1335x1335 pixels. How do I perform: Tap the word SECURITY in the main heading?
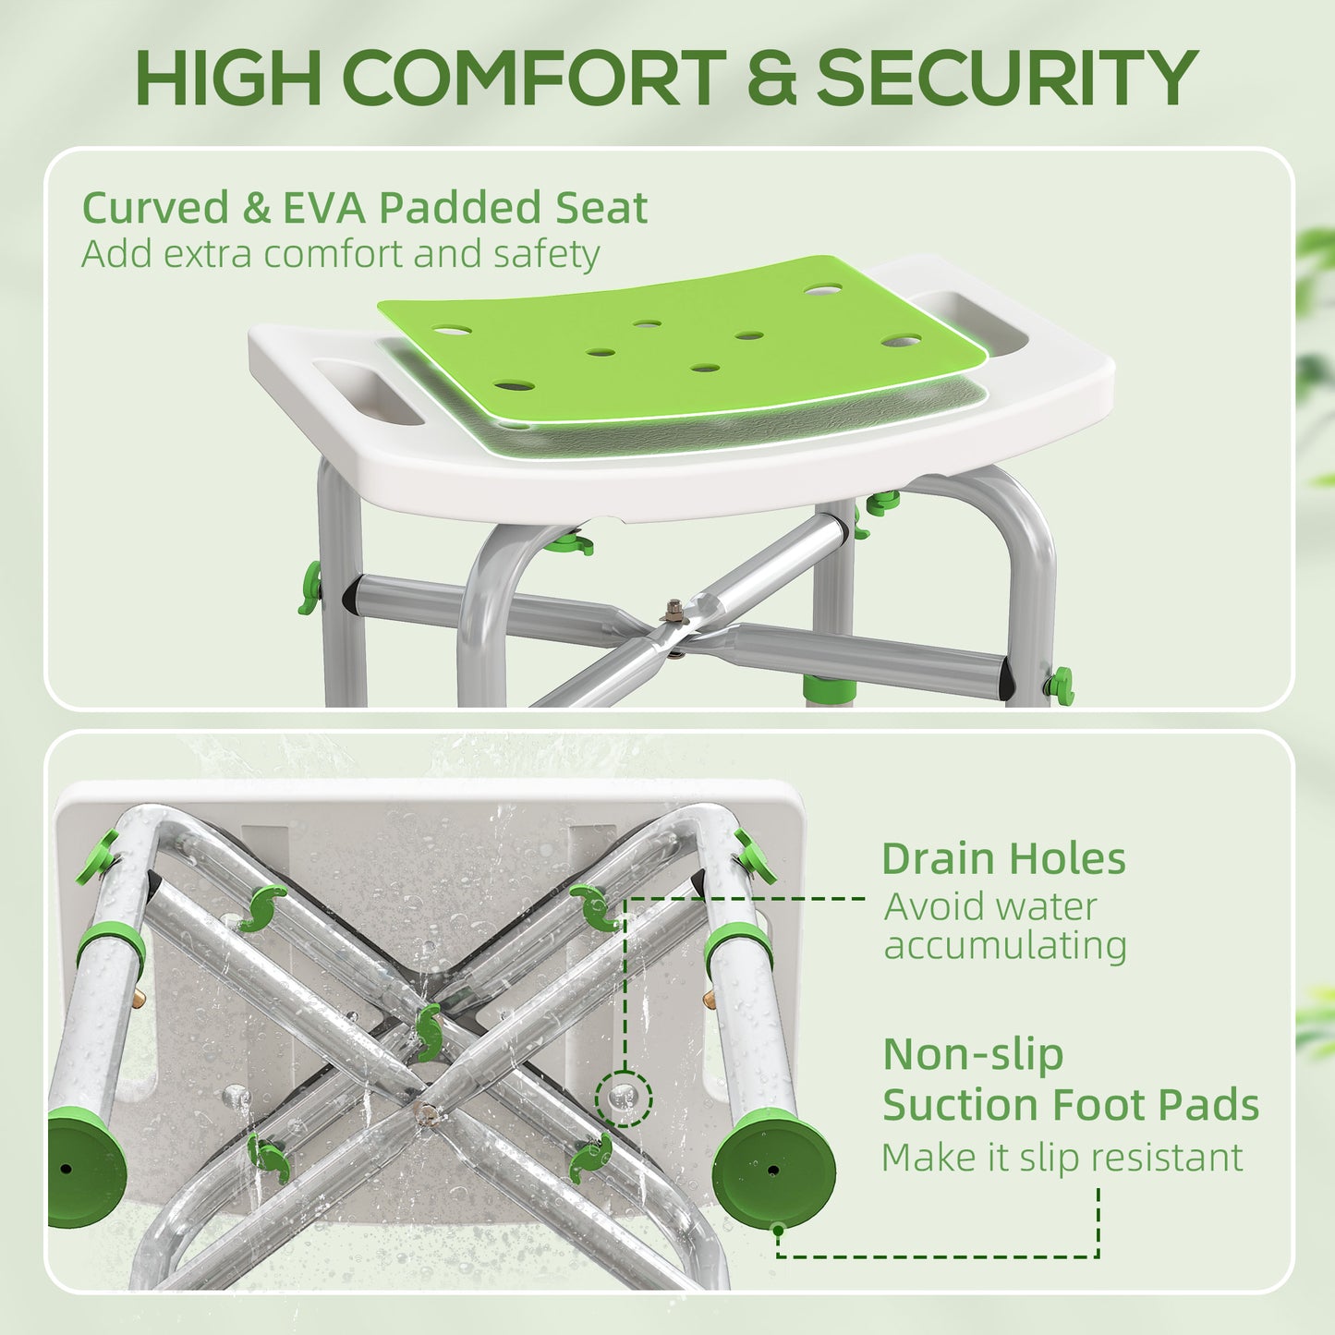[1006, 78]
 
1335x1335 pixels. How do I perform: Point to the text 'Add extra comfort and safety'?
[341, 254]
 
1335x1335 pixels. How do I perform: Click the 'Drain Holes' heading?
[1003, 859]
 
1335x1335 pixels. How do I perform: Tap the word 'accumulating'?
[1005, 946]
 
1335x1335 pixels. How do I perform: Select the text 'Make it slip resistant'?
[1062, 1158]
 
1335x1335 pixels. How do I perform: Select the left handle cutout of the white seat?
[368, 392]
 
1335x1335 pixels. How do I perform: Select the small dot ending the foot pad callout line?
[779, 1230]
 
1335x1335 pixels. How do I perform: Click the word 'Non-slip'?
[973, 1054]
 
